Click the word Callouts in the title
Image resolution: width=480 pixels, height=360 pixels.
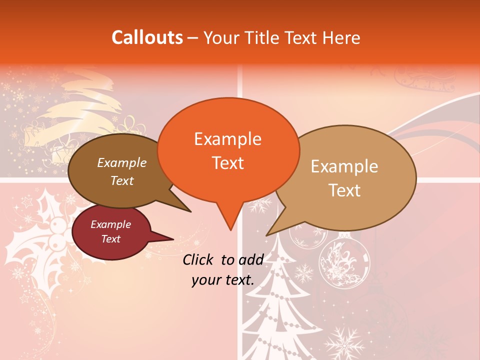(147, 37)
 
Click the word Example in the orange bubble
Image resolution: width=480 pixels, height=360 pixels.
(227, 139)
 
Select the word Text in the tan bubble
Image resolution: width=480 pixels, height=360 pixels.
(344, 190)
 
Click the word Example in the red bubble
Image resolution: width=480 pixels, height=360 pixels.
(110, 224)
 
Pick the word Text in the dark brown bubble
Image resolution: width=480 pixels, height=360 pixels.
(122, 180)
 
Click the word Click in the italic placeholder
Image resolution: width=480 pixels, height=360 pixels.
(199, 259)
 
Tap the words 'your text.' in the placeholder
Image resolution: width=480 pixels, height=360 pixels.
(222, 280)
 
